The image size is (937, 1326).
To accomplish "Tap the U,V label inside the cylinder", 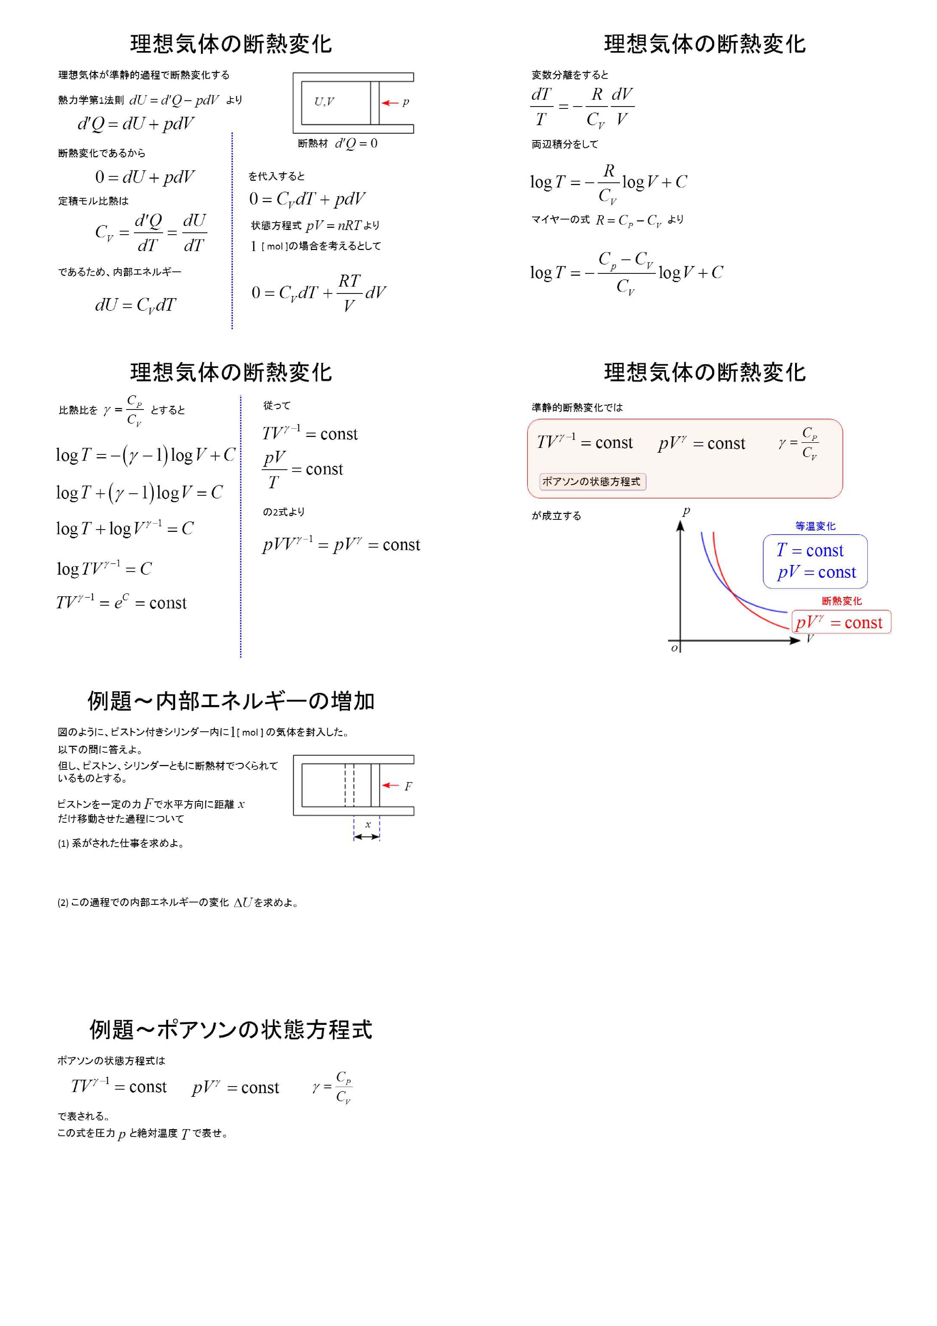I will click(x=324, y=102).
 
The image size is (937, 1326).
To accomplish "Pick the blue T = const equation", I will click(x=810, y=550).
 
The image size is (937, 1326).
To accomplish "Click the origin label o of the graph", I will click(x=674, y=648).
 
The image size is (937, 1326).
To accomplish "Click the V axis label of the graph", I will click(x=810, y=638).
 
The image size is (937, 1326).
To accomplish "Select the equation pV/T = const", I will click(x=303, y=469).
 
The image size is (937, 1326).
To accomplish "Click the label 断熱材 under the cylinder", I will click(x=312, y=143).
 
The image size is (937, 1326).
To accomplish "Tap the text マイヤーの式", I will click(x=561, y=220).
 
